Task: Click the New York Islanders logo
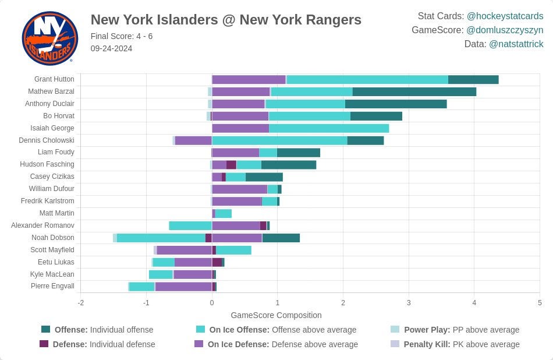[50, 38]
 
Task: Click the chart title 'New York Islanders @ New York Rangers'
[226, 20]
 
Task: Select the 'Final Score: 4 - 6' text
[122, 36]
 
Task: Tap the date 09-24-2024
[111, 48]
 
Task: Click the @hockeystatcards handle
[505, 16]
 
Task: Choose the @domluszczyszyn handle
[505, 30]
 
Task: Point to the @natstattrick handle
[516, 44]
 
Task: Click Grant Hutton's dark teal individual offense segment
[473, 79]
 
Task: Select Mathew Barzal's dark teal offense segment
[414, 92]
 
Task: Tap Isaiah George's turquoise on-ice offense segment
[329, 128]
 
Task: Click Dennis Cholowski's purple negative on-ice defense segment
[193, 140]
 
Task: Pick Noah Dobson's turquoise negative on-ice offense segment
[161, 238]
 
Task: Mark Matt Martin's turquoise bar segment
[224, 214]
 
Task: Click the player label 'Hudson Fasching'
[47, 164]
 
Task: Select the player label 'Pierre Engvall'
[52, 286]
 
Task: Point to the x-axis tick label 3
[409, 303]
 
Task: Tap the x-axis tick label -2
[81, 303]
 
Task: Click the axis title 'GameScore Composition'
[276, 315]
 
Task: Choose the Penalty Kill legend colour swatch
[395, 344]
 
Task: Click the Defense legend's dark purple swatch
[44, 344]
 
